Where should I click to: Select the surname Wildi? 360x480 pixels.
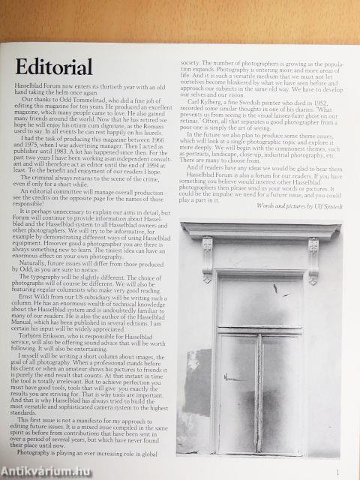[49, 295]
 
